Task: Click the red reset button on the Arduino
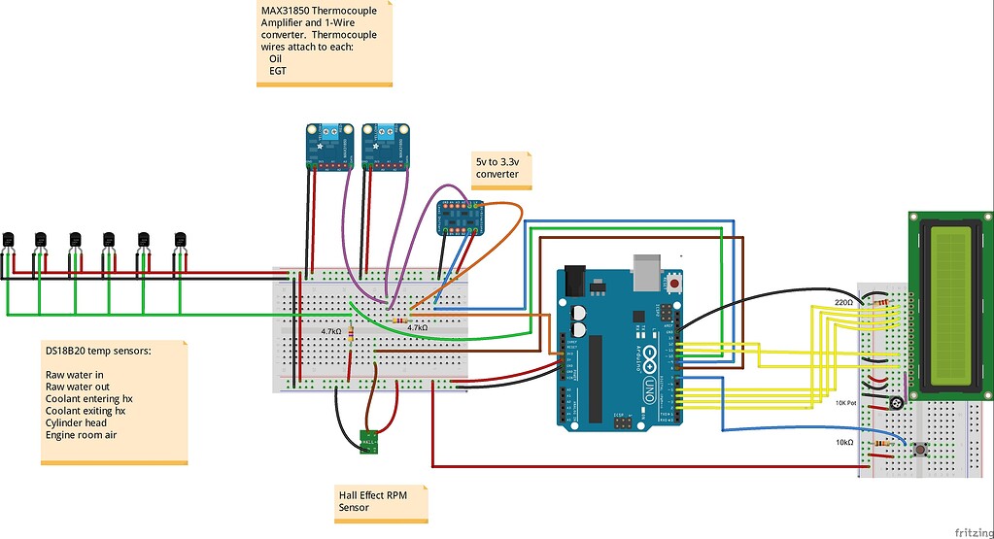click(673, 284)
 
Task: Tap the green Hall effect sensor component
click(368, 442)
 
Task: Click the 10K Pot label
click(845, 402)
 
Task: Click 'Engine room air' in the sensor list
click(83, 435)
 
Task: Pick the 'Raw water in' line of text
click(75, 374)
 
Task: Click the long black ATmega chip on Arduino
click(595, 373)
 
